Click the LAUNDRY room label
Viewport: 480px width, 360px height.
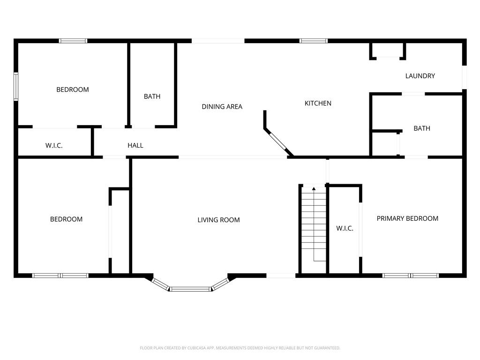[420, 76]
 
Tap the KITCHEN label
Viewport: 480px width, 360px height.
[318, 104]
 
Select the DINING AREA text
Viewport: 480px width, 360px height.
[222, 106]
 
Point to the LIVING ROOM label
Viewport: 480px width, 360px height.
[218, 220]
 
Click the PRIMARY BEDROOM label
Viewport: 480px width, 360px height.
[407, 218]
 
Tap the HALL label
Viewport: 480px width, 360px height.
[135, 145]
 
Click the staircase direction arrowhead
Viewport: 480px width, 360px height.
[314, 188]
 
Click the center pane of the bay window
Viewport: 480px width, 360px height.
[190, 289]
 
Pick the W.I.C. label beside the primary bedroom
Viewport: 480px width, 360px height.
[345, 228]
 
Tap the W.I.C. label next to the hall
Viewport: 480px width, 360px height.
[54, 146]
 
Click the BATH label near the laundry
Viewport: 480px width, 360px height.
[422, 128]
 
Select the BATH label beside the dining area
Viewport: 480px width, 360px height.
[152, 97]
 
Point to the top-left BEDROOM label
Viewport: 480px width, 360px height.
[73, 90]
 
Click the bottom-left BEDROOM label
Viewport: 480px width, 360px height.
[66, 219]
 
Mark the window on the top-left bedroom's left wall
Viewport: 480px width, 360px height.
[16, 86]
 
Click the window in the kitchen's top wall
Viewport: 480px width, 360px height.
[314, 41]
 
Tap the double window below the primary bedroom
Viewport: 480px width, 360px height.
[411, 276]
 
